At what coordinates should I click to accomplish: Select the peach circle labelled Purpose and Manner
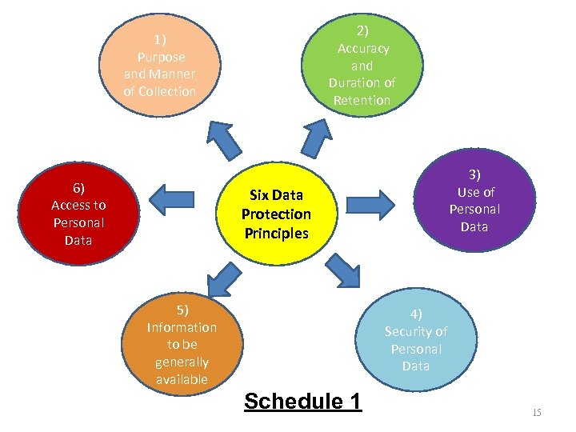(x=160, y=64)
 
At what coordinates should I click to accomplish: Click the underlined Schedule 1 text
(x=302, y=401)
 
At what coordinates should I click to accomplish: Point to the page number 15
(x=536, y=412)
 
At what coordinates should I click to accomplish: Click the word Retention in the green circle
(x=362, y=100)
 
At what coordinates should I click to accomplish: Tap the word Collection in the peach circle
(x=160, y=91)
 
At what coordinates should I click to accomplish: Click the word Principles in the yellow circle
(x=276, y=234)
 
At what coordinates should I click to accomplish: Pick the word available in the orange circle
(x=182, y=379)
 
